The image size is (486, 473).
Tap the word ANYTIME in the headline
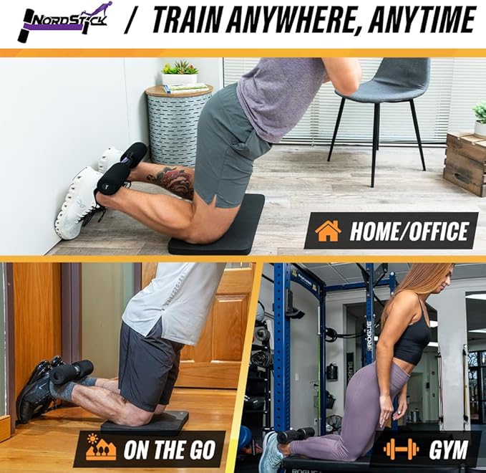click(429, 21)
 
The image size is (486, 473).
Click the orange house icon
click(328, 231)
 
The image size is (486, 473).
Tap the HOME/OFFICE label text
click(409, 231)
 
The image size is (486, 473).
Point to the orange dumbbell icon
click(400, 450)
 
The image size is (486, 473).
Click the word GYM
click(448, 450)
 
